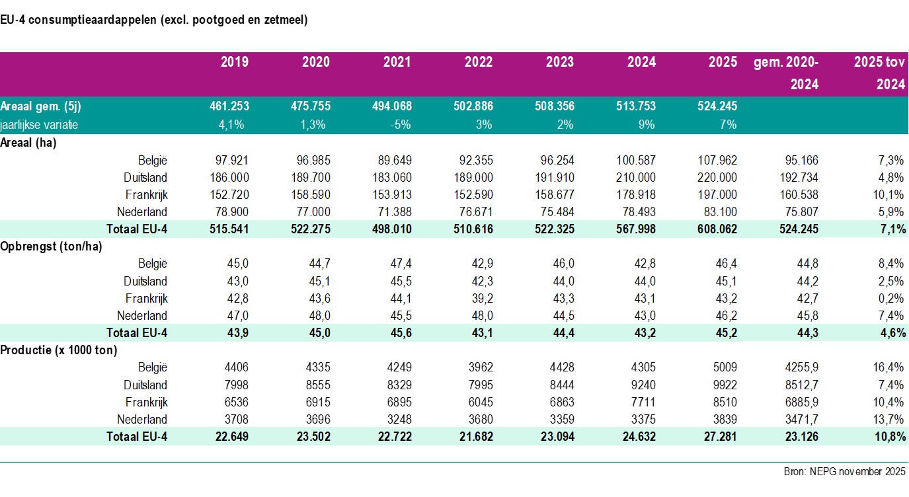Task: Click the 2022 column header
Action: [x=478, y=62]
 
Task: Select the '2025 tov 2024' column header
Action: [x=878, y=73]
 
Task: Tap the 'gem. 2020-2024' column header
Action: [x=786, y=73]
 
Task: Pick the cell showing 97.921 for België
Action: [x=232, y=161]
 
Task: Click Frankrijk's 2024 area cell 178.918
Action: [x=638, y=195]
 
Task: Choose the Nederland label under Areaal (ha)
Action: [x=142, y=212]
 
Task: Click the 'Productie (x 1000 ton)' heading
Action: [x=59, y=350]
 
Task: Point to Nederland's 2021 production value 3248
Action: [x=399, y=419]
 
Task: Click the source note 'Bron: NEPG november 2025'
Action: [x=845, y=472]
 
